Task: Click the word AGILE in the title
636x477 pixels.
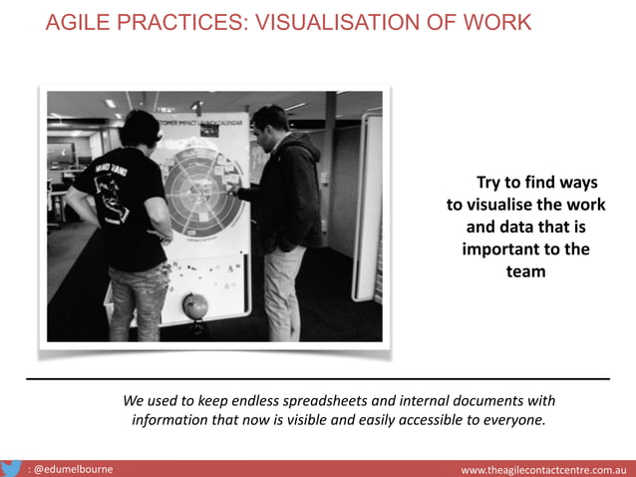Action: pos(75,22)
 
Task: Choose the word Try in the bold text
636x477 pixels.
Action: pos(489,183)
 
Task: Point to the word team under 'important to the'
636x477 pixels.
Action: pos(525,270)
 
